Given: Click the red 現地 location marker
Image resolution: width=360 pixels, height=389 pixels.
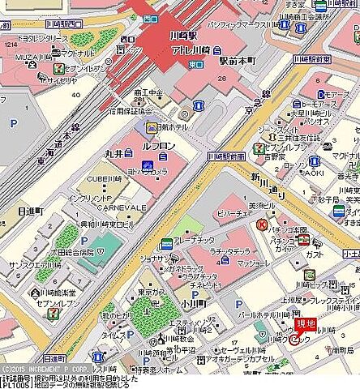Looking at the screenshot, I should tap(305, 325).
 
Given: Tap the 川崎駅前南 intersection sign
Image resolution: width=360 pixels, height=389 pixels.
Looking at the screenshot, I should tap(225, 155).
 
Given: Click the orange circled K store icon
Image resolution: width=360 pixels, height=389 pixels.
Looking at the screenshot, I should tap(262, 225).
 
